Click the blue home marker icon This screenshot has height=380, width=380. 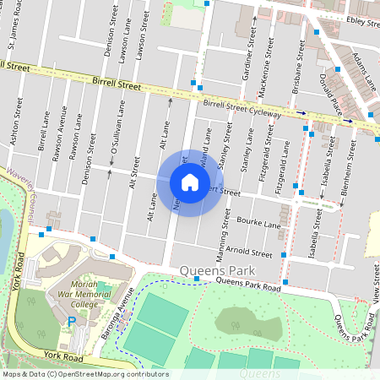(190, 182)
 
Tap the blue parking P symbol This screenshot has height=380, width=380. (72, 322)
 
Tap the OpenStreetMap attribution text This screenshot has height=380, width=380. (84, 374)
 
